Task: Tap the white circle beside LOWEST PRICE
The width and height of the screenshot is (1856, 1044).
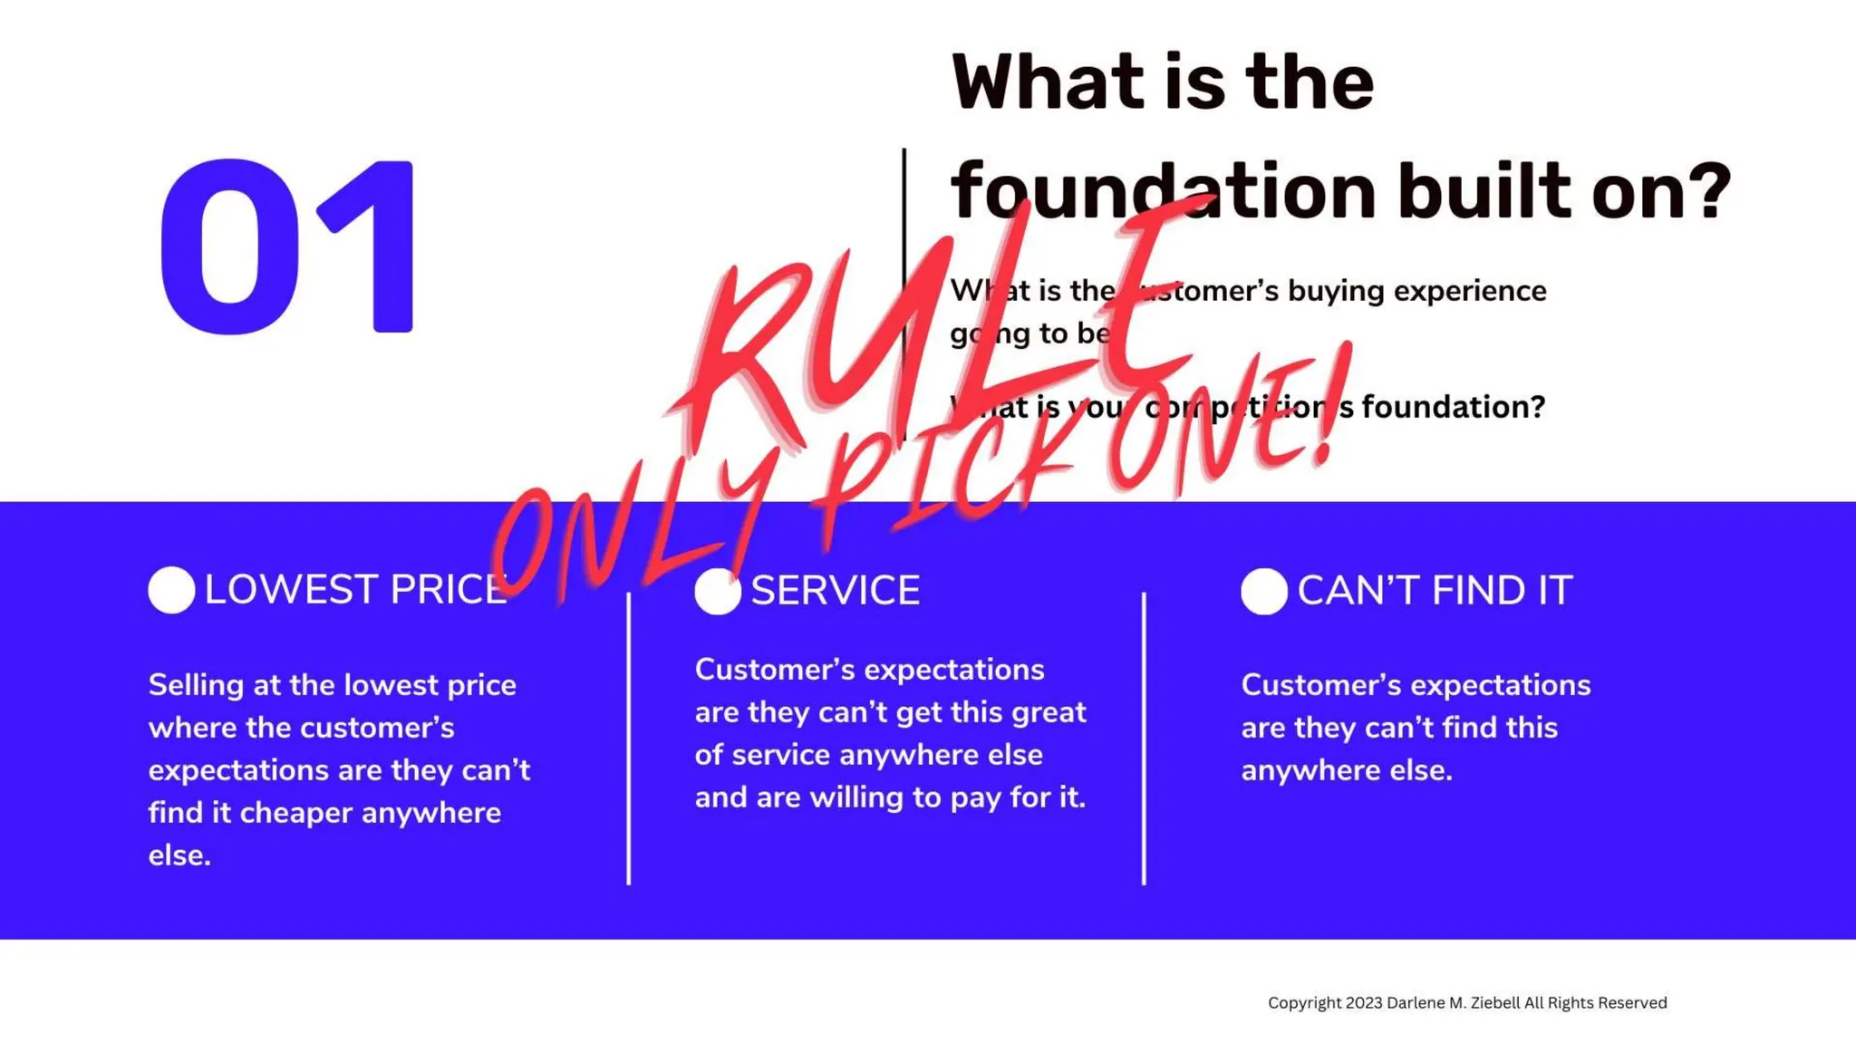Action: pos(171,590)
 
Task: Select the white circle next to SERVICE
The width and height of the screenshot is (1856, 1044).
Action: pos(717,592)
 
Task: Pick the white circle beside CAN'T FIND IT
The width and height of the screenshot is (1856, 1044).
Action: pos(1264,592)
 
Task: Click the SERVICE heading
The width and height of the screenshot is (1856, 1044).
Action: pos(835,591)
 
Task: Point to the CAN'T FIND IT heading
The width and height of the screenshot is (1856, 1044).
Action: pos(1435,591)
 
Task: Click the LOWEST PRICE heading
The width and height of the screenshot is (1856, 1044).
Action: pos(355,590)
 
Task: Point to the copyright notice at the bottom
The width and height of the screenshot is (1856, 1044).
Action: pos(1466,1002)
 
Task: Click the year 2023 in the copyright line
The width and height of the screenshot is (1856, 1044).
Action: pos(1364,1002)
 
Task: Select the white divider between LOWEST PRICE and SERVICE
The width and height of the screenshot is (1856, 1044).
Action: pos(628,739)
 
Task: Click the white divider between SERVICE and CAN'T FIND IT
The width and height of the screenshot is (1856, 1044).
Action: pos(1144,739)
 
